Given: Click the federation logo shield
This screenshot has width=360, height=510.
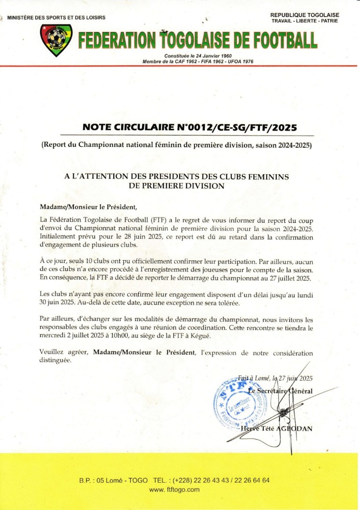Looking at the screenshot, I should [56, 41].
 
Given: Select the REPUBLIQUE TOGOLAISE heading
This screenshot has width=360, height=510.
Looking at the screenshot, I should [305, 15].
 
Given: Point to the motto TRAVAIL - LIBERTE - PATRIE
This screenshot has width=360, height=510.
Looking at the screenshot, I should [305, 21].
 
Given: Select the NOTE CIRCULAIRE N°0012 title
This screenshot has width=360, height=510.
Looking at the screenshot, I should [191, 127].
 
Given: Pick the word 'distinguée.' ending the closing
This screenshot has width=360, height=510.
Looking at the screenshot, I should [56, 360].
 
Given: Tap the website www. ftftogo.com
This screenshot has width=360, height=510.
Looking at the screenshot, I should [174, 490].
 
